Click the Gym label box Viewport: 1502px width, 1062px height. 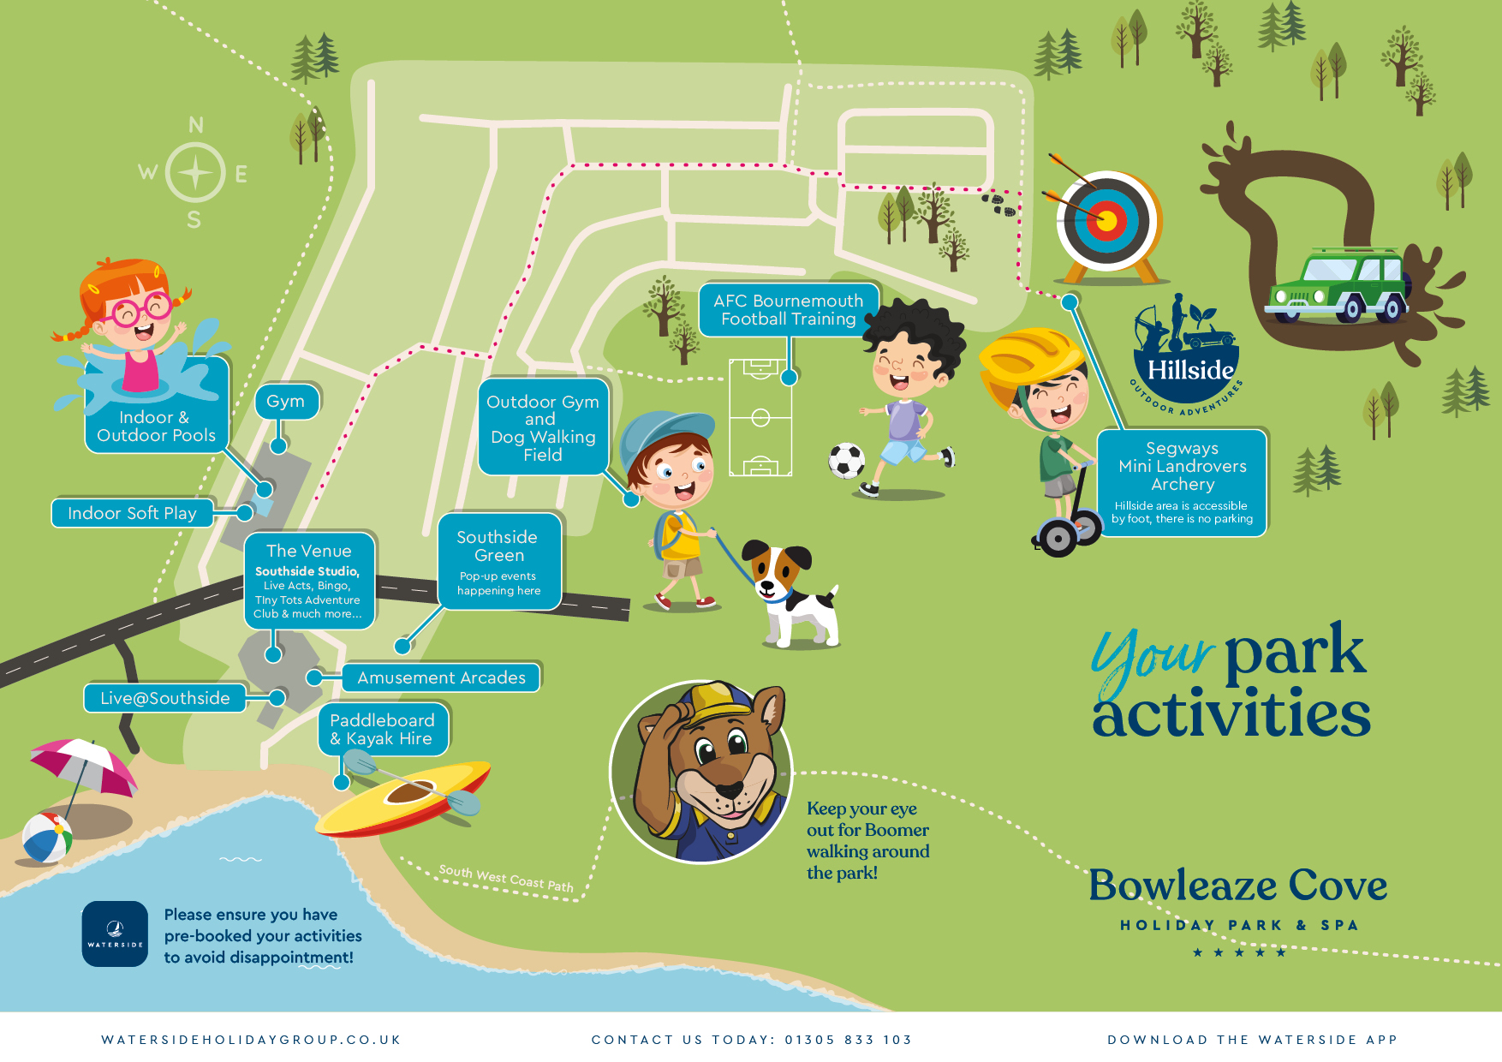286,402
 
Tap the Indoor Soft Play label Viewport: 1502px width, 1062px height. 133,513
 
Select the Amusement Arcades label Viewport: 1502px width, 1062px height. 442,677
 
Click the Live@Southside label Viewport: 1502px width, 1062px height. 165,698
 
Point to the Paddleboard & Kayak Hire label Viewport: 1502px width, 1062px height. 383,730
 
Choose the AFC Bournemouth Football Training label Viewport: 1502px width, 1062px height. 789,310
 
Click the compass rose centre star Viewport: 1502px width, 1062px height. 195,173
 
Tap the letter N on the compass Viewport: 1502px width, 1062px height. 196,125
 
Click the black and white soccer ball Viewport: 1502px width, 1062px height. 846,461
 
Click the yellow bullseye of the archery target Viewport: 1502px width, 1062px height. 1106,222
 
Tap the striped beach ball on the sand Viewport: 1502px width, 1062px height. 46,837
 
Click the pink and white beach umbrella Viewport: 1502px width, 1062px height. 84,764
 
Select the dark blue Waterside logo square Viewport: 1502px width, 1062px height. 115,934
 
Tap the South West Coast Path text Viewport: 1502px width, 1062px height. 506,878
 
